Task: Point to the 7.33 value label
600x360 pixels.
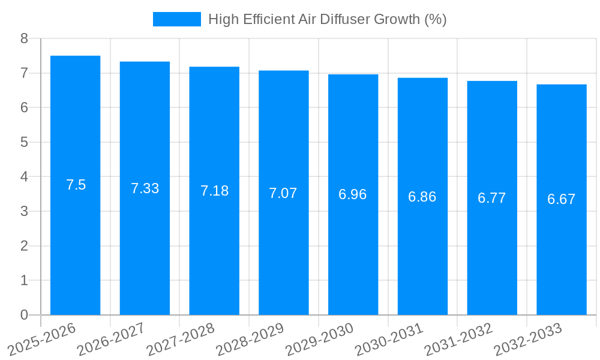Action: pyautogui.click(x=145, y=188)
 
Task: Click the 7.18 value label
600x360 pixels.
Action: pyautogui.click(x=214, y=191)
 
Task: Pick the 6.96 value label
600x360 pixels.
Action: pyautogui.click(x=353, y=194)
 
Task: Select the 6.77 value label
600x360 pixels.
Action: pyautogui.click(x=492, y=198)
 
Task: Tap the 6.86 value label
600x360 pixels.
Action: pyautogui.click(x=422, y=196)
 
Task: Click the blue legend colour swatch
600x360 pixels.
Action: pyautogui.click(x=177, y=19)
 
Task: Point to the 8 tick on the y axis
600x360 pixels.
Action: pyautogui.click(x=24, y=38)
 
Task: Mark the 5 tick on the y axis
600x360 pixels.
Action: pyautogui.click(x=24, y=142)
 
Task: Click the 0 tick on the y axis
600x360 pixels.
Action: pyautogui.click(x=24, y=315)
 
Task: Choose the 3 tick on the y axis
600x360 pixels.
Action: pyautogui.click(x=24, y=211)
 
